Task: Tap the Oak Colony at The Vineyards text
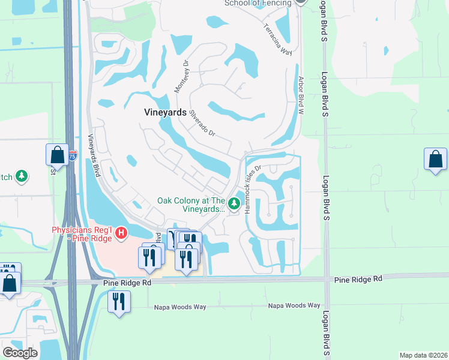tap(191, 205)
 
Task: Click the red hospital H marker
tap(121, 232)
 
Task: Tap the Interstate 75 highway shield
tap(73, 155)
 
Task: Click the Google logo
tap(20, 353)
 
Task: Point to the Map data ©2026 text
tap(424, 355)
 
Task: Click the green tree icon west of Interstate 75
tap(22, 176)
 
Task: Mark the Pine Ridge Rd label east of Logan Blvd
tap(358, 280)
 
